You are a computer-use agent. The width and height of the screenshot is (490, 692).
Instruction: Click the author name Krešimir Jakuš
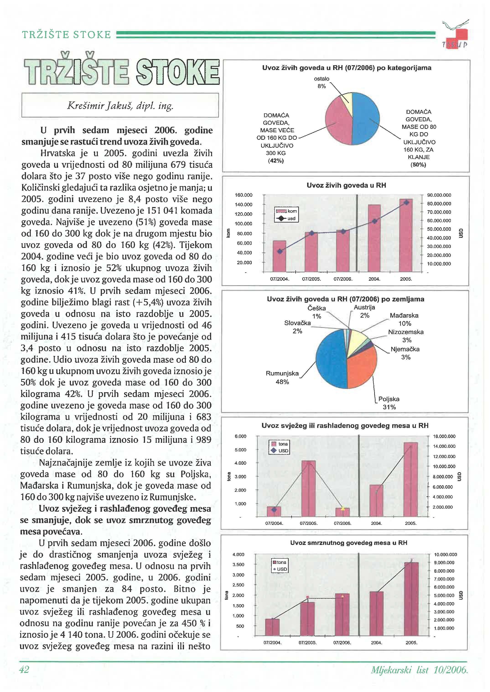(120, 106)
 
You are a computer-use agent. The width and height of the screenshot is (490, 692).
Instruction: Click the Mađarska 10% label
(404, 319)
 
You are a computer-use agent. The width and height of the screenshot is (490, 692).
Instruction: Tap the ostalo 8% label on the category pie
(322, 82)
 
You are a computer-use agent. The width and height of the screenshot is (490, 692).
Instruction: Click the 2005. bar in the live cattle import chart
(406, 235)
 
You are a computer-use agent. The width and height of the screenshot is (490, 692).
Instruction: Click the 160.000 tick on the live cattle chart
(244, 195)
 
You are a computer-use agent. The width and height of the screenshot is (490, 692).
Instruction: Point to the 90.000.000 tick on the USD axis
(439, 195)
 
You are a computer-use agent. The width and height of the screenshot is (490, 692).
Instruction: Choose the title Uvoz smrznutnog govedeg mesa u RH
(348, 543)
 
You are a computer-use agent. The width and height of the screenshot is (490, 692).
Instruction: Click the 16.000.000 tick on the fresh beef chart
(444, 436)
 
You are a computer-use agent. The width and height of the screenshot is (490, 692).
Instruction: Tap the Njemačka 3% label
(405, 353)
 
